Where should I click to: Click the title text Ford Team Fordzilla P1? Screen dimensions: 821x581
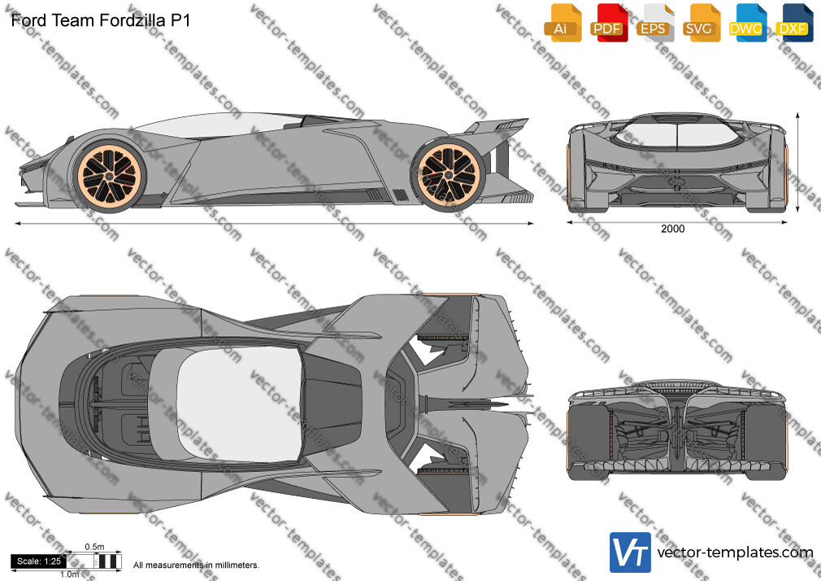tap(101, 20)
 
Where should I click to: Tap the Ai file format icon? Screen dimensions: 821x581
tap(563, 23)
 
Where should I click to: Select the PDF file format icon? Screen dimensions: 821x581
tap(609, 23)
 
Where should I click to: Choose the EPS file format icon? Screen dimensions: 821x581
tap(655, 23)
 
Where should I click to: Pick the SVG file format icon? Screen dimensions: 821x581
tap(701, 23)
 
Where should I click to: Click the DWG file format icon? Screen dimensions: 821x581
tap(748, 23)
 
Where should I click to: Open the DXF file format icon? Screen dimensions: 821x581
tap(794, 23)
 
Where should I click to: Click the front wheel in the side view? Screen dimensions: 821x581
tap(110, 176)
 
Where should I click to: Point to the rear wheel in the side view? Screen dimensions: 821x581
tap(449, 175)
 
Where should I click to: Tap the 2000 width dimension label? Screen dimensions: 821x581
tap(673, 229)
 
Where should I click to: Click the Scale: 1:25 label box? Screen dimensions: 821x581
tap(39, 561)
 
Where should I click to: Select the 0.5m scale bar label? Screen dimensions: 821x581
tap(95, 547)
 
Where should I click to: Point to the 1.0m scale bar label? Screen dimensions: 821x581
tap(70, 574)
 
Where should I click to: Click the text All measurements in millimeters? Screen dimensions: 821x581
tap(196, 566)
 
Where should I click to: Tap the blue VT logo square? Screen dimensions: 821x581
tap(631, 553)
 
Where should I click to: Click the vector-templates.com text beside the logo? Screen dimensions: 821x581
tap(735, 553)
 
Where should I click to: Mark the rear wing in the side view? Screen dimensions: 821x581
tap(497, 126)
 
